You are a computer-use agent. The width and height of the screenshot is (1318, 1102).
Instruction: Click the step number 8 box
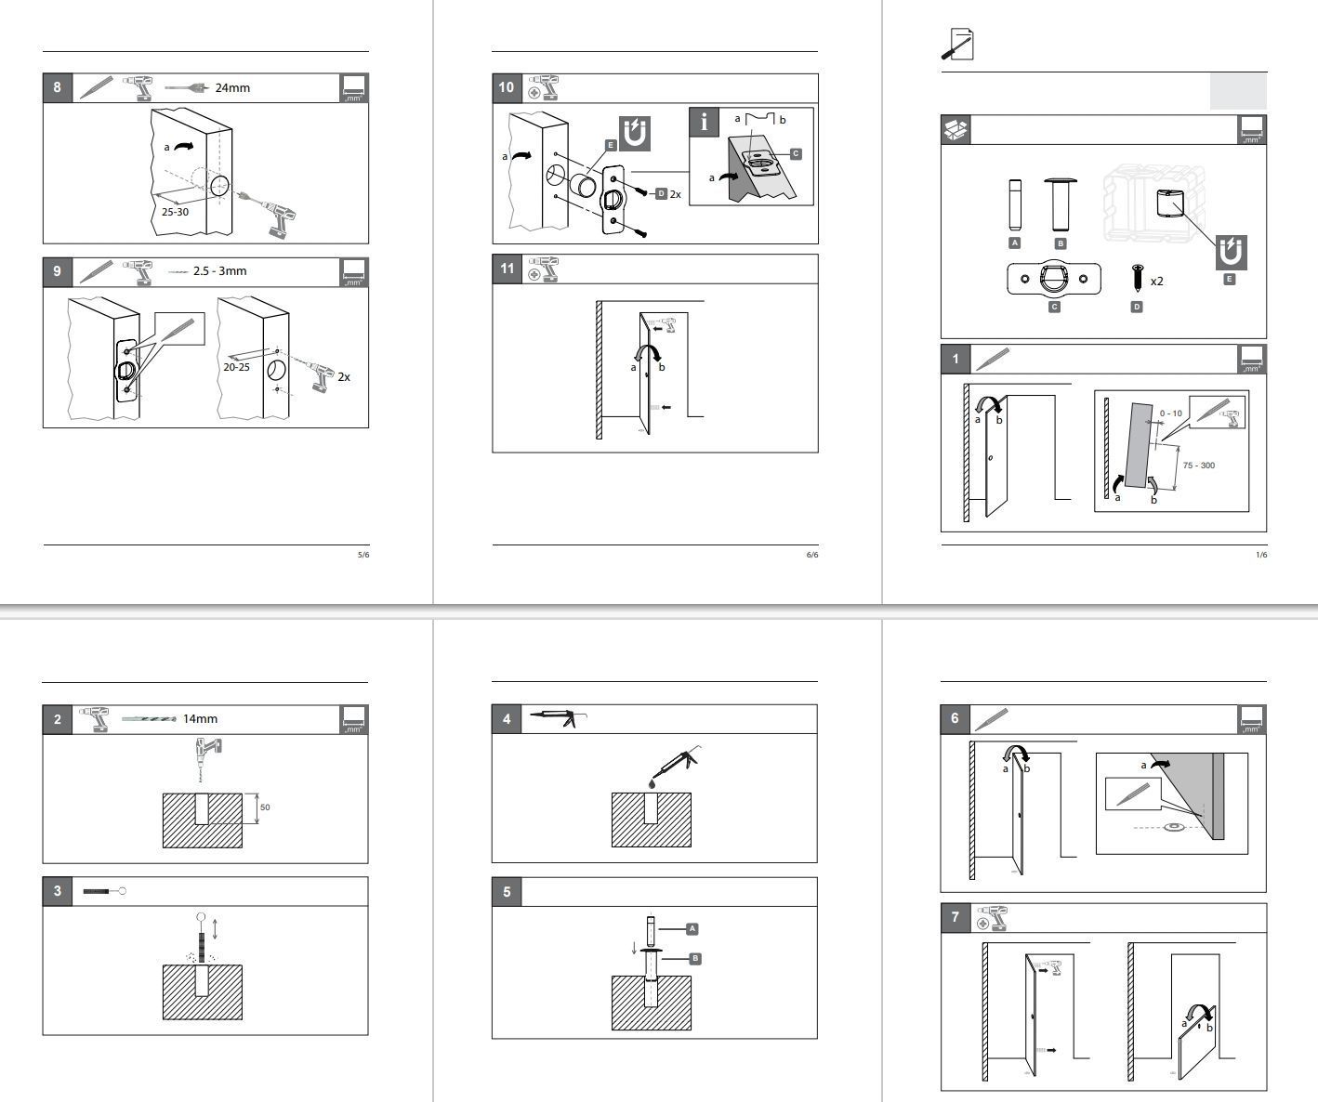pyautogui.click(x=58, y=88)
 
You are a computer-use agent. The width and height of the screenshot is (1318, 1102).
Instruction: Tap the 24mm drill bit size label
pyautogui.click(x=232, y=88)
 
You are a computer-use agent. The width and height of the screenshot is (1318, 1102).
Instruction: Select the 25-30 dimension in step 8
pyautogui.click(x=175, y=212)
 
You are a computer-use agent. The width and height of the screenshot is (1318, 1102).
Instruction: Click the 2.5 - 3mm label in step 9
pyautogui.click(x=219, y=271)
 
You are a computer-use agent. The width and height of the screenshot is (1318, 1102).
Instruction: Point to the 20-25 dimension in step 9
pyautogui.click(x=236, y=367)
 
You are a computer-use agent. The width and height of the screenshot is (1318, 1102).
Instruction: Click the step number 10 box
pyautogui.click(x=507, y=88)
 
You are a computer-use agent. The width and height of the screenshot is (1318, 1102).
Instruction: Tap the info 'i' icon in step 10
pyautogui.click(x=705, y=122)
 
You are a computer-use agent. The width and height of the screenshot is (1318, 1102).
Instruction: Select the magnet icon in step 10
pyautogui.click(x=634, y=133)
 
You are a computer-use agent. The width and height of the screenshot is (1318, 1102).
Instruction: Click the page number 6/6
pyautogui.click(x=811, y=555)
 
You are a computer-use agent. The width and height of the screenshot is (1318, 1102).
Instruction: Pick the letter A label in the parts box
pyautogui.click(x=1014, y=243)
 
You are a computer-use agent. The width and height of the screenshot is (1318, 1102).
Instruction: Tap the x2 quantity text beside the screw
pyautogui.click(x=1156, y=281)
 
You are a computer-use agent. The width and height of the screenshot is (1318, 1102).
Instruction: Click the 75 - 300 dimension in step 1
pyautogui.click(x=1198, y=466)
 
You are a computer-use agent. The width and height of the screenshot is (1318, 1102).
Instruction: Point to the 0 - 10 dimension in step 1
pyautogui.click(x=1171, y=413)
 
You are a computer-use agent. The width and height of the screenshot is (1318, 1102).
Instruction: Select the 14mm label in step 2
pyautogui.click(x=200, y=718)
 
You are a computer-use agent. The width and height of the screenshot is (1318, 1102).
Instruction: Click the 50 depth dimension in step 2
pyautogui.click(x=265, y=807)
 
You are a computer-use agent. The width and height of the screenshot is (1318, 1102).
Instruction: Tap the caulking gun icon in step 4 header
pyautogui.click(x=552, y=717)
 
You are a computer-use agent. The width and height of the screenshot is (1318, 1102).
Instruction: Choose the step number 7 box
pyautogui.click(x=956, y=918)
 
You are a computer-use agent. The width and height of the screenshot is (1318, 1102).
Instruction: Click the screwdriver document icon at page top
pyautogui.click(x=957, y=44)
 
